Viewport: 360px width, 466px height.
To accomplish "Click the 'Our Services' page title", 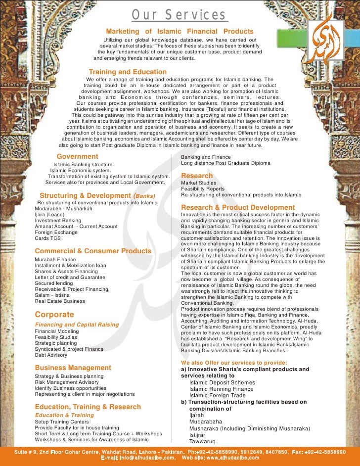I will (180, 16).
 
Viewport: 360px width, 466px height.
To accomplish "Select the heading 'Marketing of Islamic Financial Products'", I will (180, 32).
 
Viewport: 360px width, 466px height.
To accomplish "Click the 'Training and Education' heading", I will (128, 72).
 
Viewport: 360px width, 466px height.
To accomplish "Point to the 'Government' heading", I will (78, 157).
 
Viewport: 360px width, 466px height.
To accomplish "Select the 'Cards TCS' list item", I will (48, 238).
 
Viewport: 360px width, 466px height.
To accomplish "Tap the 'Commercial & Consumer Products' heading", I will (93, 251).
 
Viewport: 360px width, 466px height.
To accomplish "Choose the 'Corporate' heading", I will (54, 315).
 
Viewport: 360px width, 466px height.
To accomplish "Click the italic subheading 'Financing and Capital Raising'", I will (77, 325).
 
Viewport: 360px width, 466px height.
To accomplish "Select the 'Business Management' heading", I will (73, 368).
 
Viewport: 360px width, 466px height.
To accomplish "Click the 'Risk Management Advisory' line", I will (67, 382).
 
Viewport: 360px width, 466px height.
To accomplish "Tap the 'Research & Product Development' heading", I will (238, 208).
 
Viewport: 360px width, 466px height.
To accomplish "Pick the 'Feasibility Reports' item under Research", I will (202, 189).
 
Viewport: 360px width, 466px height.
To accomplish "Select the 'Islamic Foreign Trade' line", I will (218, 395).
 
